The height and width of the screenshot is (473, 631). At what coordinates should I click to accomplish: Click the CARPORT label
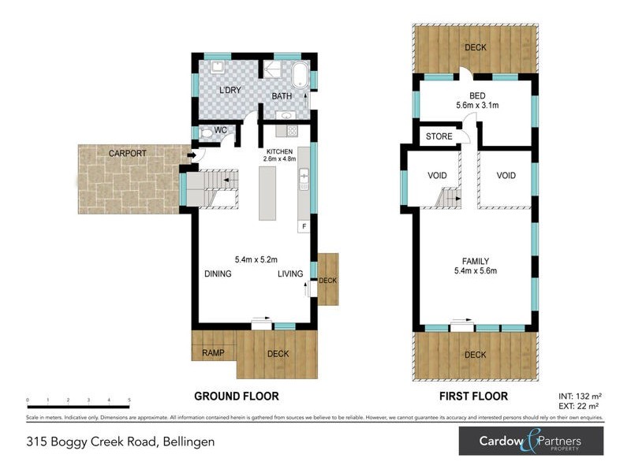click(128, 153)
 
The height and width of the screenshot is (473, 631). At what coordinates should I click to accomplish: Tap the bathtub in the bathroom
click(301, 78)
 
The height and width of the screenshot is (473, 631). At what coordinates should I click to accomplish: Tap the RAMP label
click(213, 352)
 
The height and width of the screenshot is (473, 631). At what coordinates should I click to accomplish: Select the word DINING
click(218, 274)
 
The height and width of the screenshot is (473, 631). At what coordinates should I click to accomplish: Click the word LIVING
click(290, 274)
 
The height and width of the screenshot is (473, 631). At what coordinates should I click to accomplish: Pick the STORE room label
click(439, 136)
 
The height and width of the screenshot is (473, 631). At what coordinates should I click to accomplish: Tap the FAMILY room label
click(476, 261)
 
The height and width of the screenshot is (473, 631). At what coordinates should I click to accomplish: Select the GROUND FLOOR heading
click(237, 396)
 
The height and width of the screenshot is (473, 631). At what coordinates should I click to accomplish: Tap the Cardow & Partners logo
click(531, 441)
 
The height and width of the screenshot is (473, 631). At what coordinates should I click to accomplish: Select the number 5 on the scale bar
click(129, 401)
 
